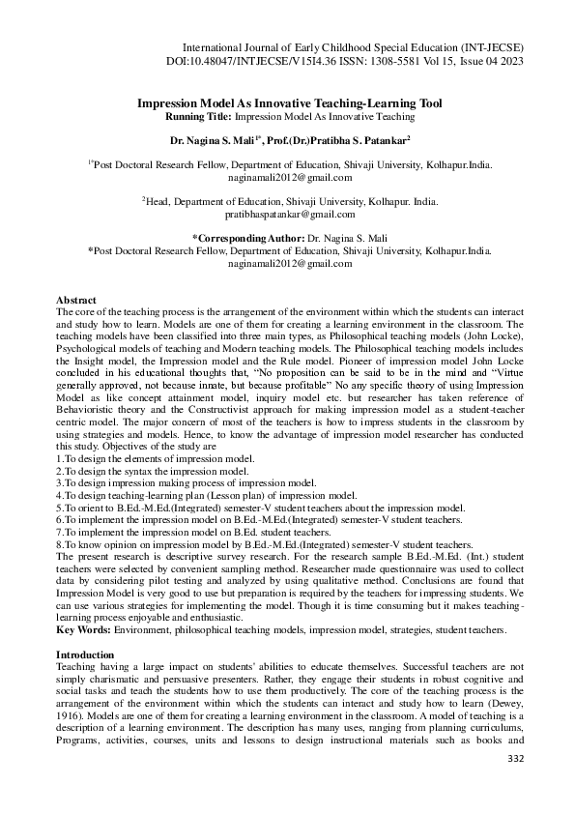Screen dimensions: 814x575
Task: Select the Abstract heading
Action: tap(76, 301)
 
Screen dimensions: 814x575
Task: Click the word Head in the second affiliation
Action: tap(164, 201)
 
